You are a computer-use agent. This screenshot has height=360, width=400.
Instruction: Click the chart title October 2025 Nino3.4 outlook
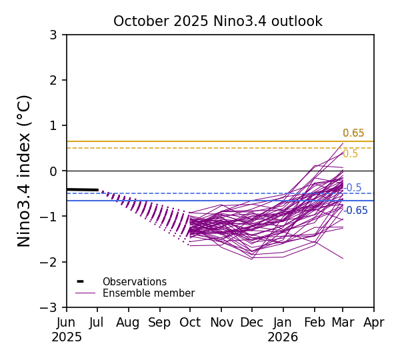[217, 21]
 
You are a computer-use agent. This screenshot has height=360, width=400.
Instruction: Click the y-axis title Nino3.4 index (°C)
[25, 171]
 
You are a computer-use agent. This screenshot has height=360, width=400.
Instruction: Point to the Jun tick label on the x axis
[67, 323]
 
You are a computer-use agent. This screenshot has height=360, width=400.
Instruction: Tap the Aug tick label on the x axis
[128, 323]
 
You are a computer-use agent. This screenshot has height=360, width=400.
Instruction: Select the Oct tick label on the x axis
[190, 323]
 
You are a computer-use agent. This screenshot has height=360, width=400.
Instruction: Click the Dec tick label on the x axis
[252, 323]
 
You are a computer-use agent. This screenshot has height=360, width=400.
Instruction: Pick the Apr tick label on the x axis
[374, 323]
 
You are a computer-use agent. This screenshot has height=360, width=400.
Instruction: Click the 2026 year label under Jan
[283, 337]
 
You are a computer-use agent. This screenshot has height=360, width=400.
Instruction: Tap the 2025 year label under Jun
[67, 337]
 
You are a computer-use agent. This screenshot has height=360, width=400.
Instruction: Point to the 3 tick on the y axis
[53, 35]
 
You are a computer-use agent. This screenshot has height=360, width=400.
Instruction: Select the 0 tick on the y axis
[53, 171]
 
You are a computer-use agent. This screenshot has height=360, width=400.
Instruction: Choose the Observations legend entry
[134, 282]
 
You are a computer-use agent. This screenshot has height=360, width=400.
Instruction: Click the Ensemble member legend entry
[148, 293]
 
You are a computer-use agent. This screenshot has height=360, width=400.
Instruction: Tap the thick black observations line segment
[82, 190]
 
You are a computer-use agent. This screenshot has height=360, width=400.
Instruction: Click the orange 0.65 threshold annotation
[353, 133]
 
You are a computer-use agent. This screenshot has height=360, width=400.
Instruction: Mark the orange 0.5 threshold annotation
[350, 154]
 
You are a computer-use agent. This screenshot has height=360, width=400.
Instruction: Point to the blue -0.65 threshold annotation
[356, 211]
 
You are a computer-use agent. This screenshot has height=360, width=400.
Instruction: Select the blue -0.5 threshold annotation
[353, 188]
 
